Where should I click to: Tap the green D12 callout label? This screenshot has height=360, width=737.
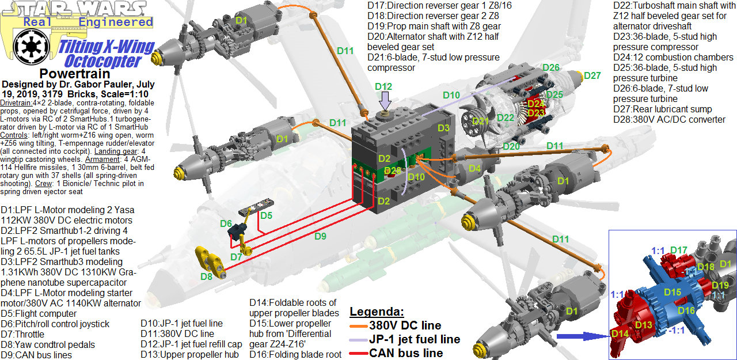tap(383, 87)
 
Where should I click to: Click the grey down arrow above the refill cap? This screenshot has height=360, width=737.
tap(386, 101)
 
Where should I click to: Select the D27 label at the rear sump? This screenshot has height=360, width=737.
tap(592, 75)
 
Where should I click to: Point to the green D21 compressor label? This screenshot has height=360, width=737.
tap(481, 121)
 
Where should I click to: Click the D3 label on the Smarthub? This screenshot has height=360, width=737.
tap(443, 128)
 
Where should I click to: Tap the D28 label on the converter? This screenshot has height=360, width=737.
tap(393, 170)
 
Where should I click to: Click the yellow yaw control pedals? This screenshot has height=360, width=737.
tap(207, 260)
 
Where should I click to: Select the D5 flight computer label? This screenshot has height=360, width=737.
tap(266, 216)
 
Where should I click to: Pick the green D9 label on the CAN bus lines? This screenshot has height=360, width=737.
tap(320, 236)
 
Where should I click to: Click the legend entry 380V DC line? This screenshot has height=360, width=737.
tap(405, 326)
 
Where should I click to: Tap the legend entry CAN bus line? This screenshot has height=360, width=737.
tap(406, 353)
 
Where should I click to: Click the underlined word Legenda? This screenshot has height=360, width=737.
tap(377, 312)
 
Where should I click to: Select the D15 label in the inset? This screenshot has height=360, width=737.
tap(673, 293)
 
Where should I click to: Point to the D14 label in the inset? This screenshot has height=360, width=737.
tap(620, 333)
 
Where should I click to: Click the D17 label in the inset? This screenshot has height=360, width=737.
tap(679, 251)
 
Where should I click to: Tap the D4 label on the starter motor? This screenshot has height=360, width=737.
tap(475, 169)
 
